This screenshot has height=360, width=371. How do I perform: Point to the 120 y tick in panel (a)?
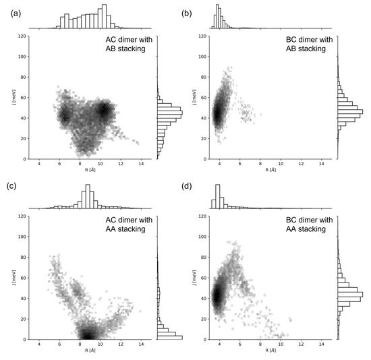point(22,36)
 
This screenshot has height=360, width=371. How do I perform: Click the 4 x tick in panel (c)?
point(40,344)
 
